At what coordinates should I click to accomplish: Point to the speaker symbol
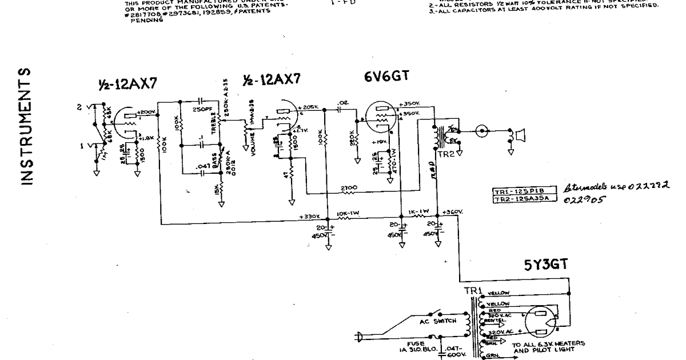click(520, 135)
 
